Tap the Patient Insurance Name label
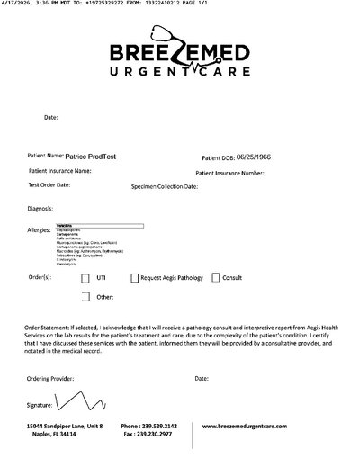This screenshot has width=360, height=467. click(59, 170)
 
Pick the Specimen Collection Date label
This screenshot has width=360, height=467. click(165, 188)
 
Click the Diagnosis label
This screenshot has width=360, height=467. click(41, 209)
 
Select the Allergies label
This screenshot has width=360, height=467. click(39, 229)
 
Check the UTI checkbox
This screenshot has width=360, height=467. click(85, 278)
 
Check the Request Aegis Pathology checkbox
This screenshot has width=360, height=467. click(135, 278)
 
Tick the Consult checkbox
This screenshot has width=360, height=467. click(215, 278)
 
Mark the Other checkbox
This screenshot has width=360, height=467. click(85, 295)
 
